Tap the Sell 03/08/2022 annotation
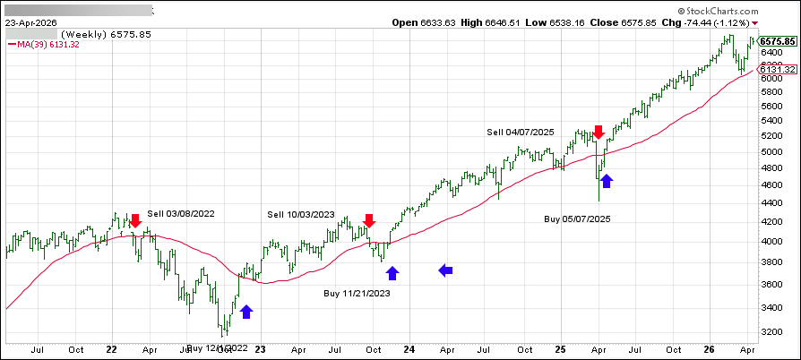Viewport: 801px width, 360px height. (181, 213)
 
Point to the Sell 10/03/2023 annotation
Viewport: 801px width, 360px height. (300, 214)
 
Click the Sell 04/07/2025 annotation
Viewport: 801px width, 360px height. (521, 132)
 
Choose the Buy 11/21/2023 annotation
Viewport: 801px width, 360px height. (357, 293)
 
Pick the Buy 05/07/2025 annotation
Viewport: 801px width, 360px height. (578, 218)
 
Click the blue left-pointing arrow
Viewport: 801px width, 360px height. (446, 270)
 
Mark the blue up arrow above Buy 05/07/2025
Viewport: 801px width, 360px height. (607, 182)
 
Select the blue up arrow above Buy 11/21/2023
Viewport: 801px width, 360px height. (392, 272)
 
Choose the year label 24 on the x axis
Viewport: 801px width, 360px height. (409, 351)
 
